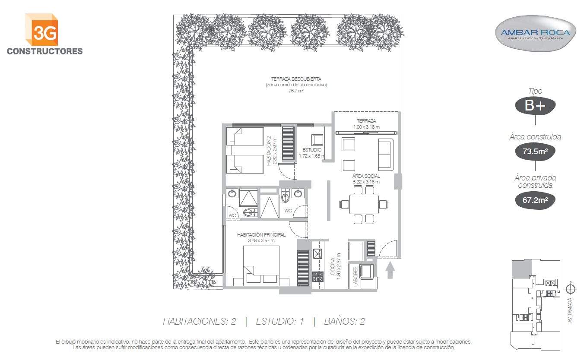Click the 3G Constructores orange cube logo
point(41,30)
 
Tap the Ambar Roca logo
point(535,33)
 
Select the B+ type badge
point(535,106)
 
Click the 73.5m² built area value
point(535,152)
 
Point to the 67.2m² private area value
point(535,200)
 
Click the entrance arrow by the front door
point(390,270)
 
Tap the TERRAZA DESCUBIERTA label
point(296,79)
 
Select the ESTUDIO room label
point(312,150)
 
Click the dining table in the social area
point(364,204)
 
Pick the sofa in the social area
point(386,155)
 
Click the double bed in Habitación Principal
point(261,265)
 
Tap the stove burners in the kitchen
point(317,277)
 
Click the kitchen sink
point(317,253)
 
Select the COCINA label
point(333,266)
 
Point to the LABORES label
point(355,276)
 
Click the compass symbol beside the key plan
point(571,289)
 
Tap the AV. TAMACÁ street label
point(569,310)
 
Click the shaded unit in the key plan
point(522,269)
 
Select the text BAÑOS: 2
point(345,321)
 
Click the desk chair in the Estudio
point(317,140)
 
